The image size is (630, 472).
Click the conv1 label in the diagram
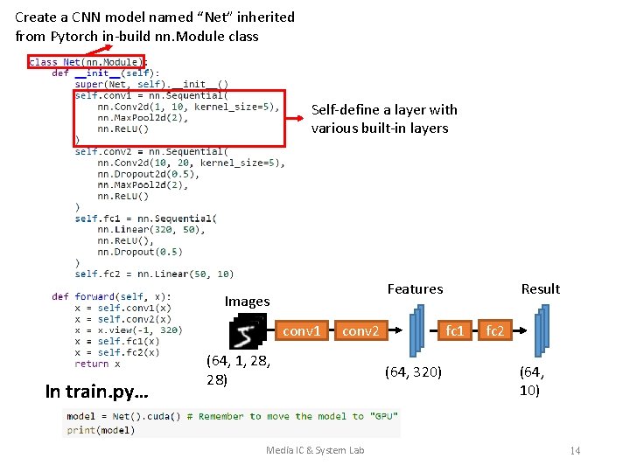303,331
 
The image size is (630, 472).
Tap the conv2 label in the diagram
360,331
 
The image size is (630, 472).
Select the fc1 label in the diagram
455,331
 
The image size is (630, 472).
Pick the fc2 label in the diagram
495,331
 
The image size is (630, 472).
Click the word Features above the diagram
415,289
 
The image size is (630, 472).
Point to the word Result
540,289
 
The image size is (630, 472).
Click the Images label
247,302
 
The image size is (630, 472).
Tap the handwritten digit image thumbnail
246,335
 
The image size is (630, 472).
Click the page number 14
575,450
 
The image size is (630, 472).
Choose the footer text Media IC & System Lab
315,450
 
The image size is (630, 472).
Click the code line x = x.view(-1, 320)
128,330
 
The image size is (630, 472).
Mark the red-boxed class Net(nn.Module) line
84,62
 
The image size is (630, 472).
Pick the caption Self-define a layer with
384,110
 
